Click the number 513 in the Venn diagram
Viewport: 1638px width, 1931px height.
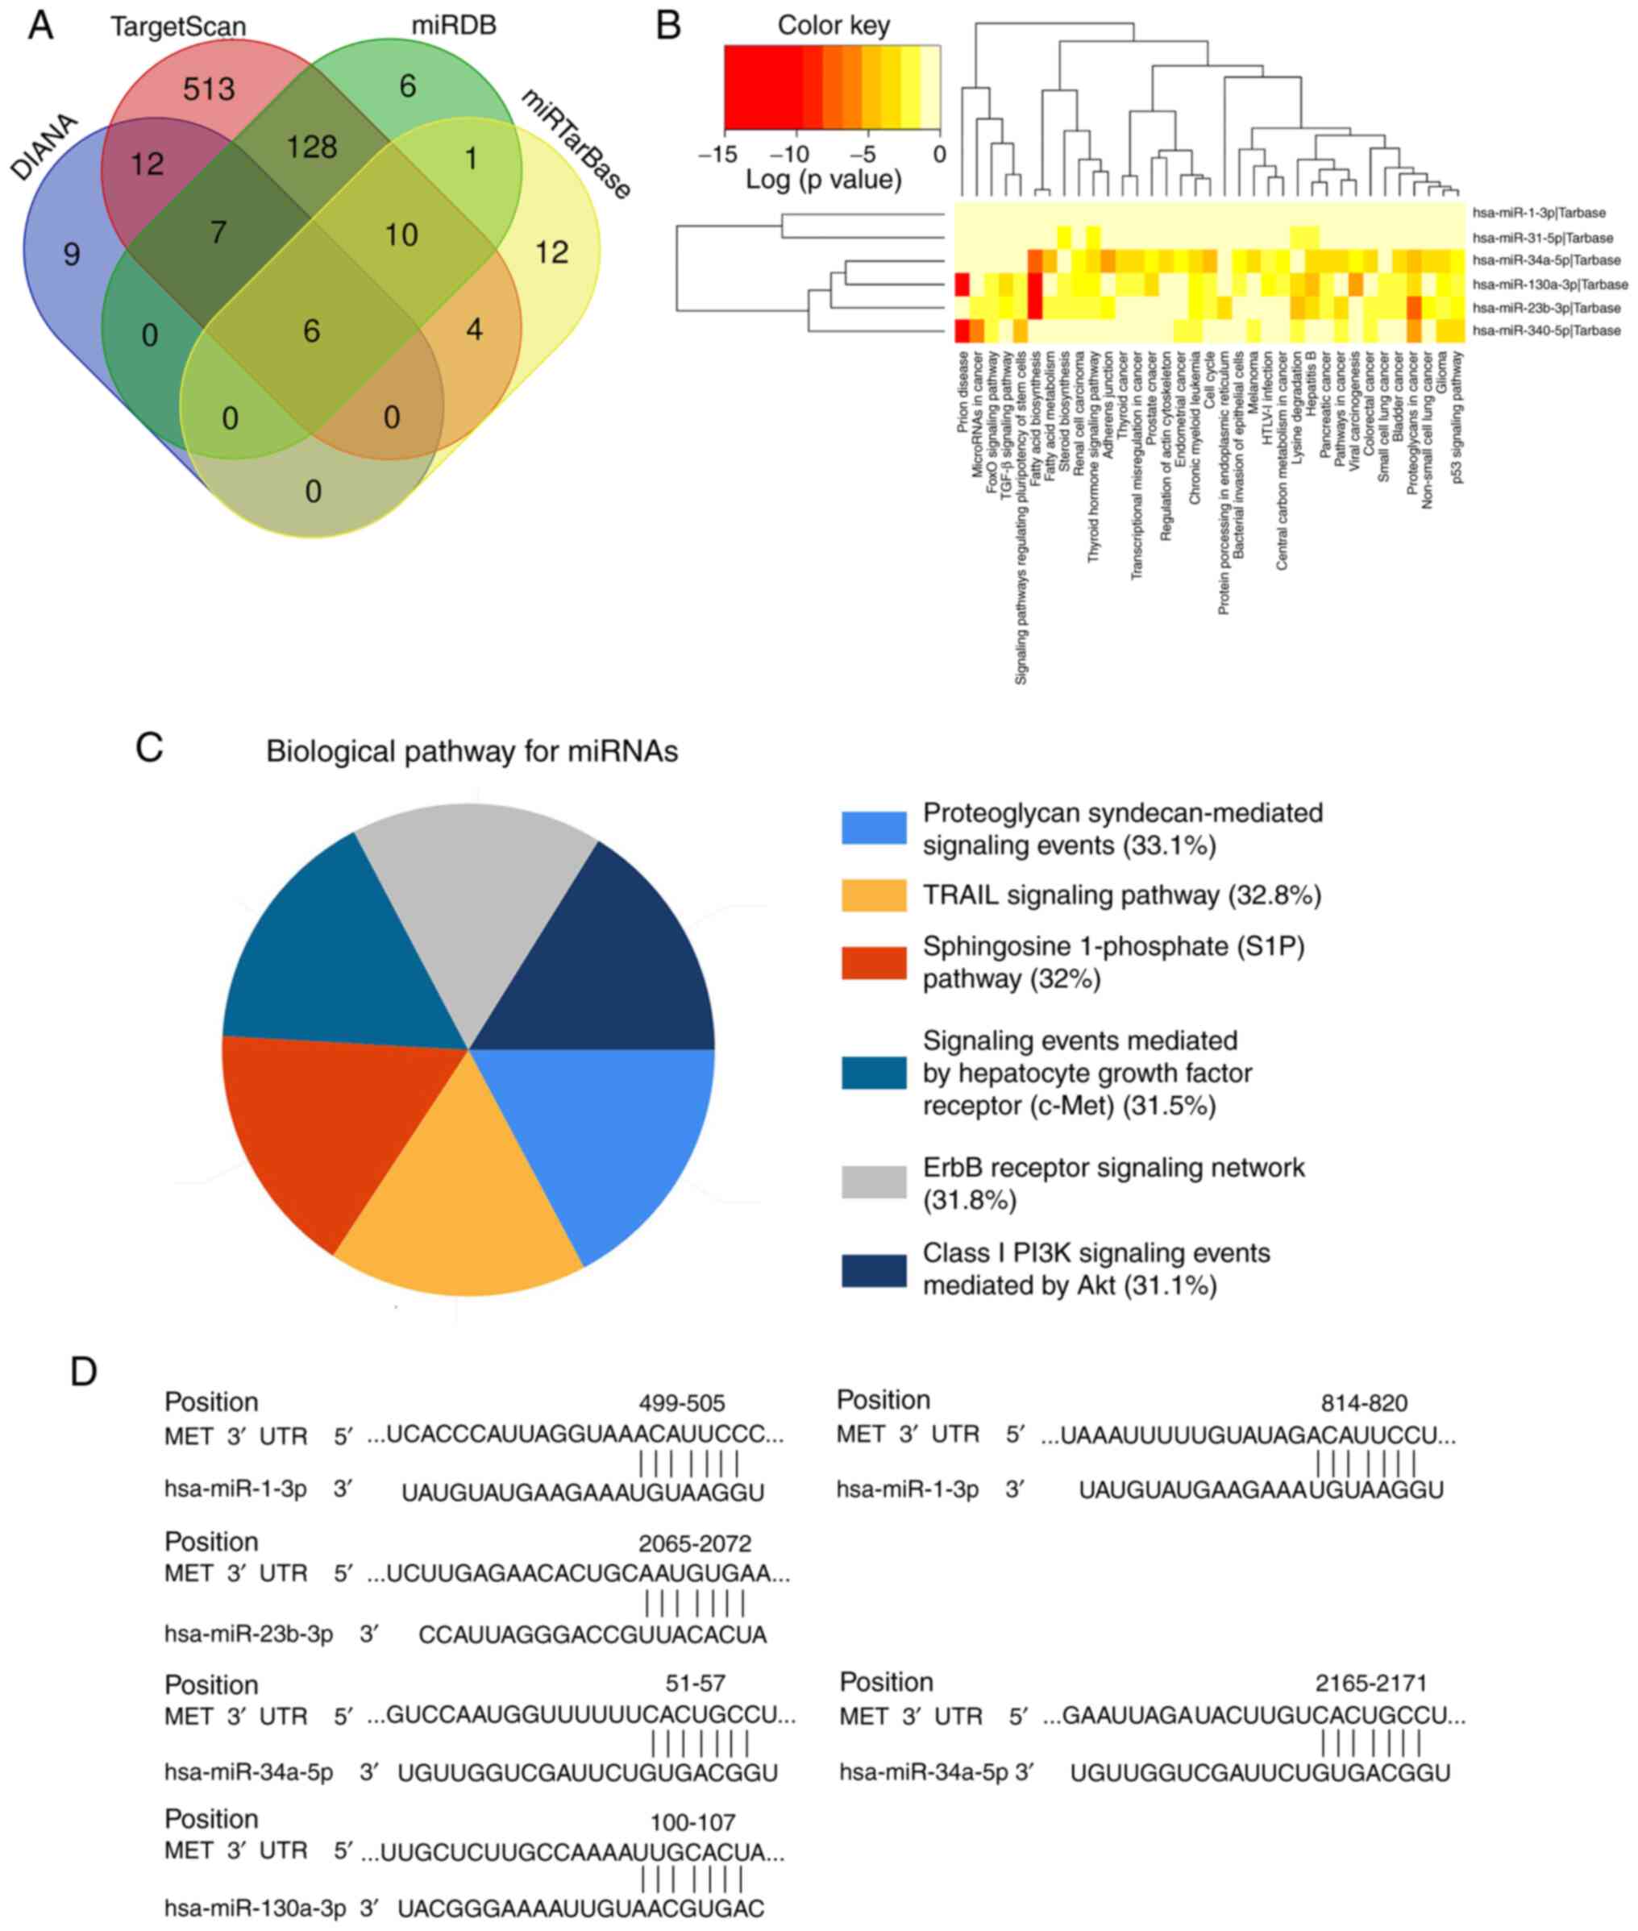tap(209, 89)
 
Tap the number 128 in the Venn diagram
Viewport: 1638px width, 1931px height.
tap(312, 147)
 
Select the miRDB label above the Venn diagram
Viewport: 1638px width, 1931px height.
tap(453, 25)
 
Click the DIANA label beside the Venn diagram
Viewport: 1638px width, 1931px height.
tap(44, 147)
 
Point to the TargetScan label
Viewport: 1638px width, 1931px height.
tap(178, 26)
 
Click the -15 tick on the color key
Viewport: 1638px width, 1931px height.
tap(717, 153)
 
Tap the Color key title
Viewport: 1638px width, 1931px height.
tap(833, 25)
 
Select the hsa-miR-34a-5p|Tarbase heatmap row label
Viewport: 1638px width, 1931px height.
tap(1546, 261)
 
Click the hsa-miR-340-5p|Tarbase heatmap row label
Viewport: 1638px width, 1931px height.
tap(1546, 330)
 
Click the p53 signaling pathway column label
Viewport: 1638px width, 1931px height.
tap(1458, 417)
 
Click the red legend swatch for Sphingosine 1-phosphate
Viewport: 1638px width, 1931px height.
tap(873, 963)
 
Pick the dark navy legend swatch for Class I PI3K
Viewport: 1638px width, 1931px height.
tap(873, 1270)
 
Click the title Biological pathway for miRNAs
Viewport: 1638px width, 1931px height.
tap(472, 751)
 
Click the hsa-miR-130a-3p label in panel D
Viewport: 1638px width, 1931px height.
tap(255, 1908)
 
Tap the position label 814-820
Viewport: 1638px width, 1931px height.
tap(1363, 1403)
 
